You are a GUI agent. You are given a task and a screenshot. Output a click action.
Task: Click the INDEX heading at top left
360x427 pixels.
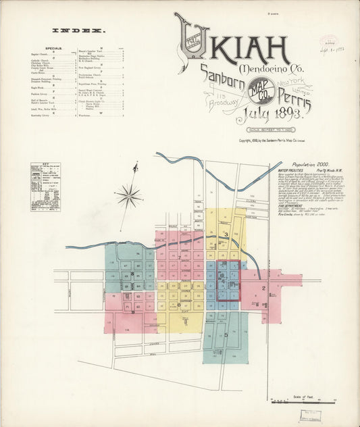point(80,30)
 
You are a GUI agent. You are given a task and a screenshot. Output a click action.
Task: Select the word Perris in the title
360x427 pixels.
point(292,102)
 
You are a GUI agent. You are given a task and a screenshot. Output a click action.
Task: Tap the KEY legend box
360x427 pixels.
point(45,186)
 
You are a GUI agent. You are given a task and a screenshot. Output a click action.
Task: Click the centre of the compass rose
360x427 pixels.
point(128,197)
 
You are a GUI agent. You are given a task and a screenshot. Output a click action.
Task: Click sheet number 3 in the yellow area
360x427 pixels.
point(227,234)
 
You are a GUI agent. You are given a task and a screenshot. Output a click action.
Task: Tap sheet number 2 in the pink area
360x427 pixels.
point(264,288)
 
